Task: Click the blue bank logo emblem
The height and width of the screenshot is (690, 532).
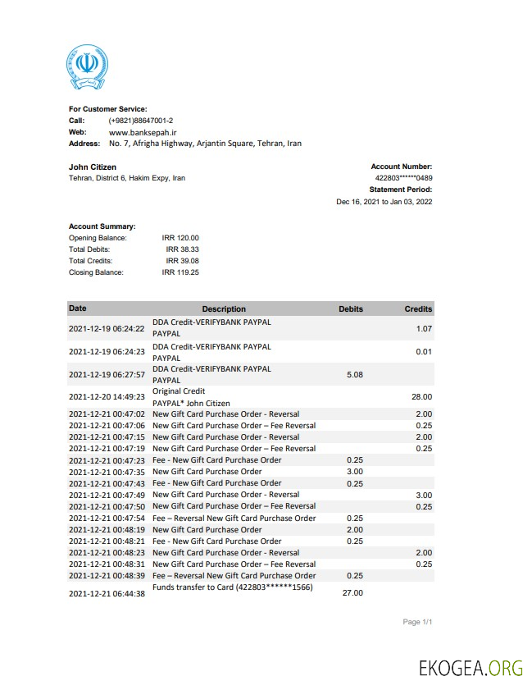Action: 87,66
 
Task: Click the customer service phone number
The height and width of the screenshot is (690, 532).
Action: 140,121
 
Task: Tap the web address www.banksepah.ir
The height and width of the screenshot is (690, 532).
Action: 143,132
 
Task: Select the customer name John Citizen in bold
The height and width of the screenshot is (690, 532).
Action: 93,167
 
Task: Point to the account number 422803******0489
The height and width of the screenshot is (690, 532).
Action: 403,178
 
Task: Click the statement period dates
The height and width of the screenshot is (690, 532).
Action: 384,201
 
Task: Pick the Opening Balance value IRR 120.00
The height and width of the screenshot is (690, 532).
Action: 180,238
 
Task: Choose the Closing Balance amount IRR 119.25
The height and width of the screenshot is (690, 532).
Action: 180,272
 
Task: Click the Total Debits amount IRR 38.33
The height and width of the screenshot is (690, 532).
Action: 182,249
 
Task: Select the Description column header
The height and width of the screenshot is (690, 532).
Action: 224,309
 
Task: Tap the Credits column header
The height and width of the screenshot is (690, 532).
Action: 418,309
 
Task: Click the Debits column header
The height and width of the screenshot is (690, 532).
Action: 351,309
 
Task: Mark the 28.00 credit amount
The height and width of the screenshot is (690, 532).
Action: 421,397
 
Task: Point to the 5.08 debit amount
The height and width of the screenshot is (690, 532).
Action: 355,374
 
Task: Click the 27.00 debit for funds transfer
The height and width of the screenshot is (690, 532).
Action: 352,592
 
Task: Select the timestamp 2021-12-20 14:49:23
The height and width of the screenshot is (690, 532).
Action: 107,397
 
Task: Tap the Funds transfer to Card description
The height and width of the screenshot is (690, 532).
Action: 233,587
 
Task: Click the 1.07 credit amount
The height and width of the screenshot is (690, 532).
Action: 424,328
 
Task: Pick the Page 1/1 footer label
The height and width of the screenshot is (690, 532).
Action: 417,622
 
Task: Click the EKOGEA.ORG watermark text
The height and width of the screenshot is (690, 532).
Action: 470,667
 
